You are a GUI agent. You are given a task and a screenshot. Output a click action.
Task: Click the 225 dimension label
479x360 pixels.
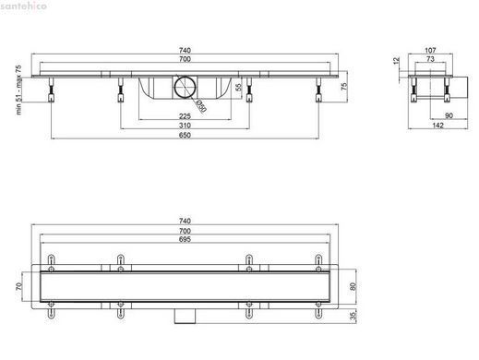pos(185,116)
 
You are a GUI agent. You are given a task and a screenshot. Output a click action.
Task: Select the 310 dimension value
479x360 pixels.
pos(185,126)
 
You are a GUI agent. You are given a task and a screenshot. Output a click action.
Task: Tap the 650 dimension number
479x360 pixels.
pos(185,135)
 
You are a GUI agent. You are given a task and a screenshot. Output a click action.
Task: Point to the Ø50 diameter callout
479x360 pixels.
pos(201,106)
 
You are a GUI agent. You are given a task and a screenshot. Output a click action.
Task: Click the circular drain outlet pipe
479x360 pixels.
pos(185,87)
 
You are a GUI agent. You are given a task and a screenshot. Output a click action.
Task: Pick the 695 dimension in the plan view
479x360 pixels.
pos(185,239)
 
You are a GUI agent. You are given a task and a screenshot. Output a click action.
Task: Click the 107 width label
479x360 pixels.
pos(430,50)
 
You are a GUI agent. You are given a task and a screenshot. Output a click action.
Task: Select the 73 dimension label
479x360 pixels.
pos(430,59)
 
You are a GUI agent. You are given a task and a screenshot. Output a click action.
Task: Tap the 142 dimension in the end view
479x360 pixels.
pos(437,125)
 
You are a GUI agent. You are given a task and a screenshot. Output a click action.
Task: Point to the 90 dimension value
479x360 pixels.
pos(449,115)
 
